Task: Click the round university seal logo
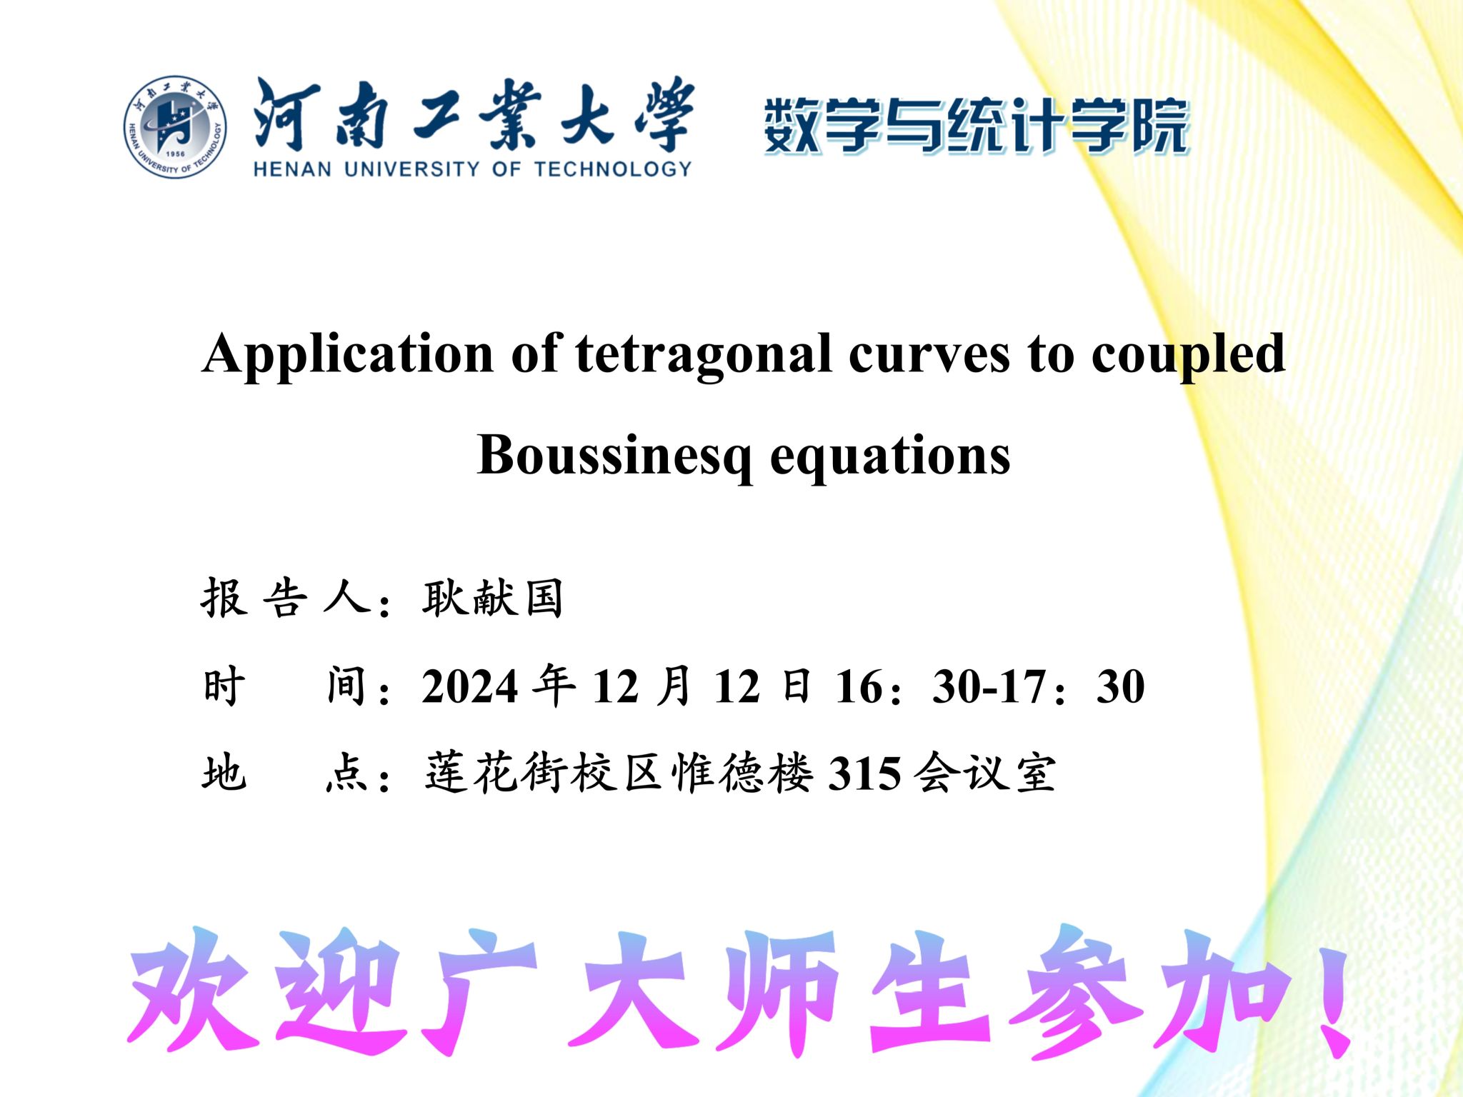[175, 127]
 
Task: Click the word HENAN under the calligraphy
[292, 169]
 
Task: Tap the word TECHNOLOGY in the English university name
[613, 169]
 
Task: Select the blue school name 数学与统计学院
[976, 126]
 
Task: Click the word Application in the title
[348, 355]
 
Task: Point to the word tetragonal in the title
[704, 355]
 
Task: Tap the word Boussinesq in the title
[614, 456]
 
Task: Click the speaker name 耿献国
[492, 598]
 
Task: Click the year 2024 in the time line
[469, 687]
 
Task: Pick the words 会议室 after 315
[985, 773]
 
